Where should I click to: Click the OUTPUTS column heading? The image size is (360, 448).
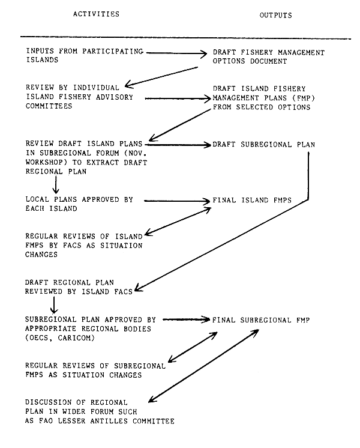pyautogui.click(x=275, y=14)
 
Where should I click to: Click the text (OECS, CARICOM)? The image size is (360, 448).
pyautogui.click(x=63, y=339)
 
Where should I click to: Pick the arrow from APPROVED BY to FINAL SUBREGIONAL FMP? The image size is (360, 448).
pyautogui.click(x=186, y=320)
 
